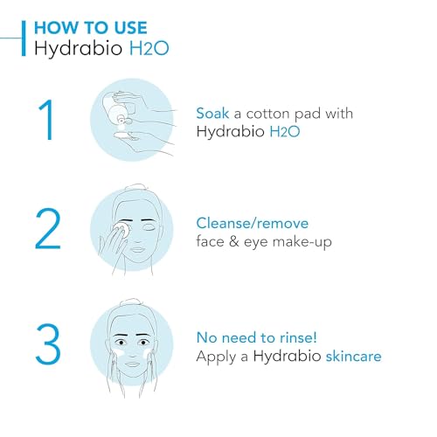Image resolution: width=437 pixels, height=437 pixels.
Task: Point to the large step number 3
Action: point(49,344)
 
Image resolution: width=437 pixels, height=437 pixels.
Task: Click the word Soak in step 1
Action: point(213,114)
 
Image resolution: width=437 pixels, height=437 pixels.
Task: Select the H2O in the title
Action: point(146,48)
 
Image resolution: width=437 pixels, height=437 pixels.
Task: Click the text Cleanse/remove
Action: point(252,224)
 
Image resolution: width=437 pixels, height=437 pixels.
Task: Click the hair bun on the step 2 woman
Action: point(139,188)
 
